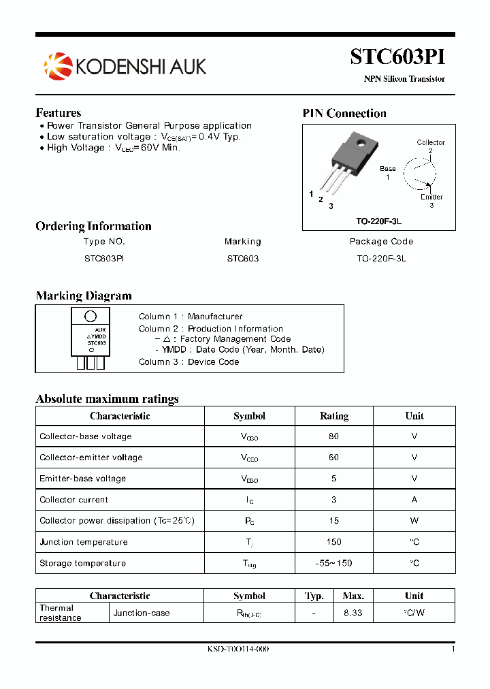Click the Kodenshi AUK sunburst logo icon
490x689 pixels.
(x=57, y=65)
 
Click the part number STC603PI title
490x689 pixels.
(x=397, y=57)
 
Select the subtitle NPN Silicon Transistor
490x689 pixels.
(x=404, y=79)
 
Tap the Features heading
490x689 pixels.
(x=58, y=113)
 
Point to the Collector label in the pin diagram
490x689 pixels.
(x=431, y=142)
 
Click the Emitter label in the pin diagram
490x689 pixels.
(x=431, y=197)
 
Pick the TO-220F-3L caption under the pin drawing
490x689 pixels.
(x=379, y=221)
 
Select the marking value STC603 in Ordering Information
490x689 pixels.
(x=243, y=259)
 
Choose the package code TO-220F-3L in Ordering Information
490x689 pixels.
(x=381, y=259)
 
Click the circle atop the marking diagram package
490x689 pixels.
(x=90, y=317)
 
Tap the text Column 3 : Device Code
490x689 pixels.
(x=189, y=362)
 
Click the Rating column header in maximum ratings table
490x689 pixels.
(x=333, y=416)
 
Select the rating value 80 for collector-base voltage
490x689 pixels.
(x=333, y=436)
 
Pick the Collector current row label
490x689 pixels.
(x=73, y=500)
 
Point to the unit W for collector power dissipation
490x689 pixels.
(x=414, y=521)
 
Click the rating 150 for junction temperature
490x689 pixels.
(x=333, y=542)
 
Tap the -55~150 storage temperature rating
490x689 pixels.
(x=333, y=563)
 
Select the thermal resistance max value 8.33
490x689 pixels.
(x=353, y=613)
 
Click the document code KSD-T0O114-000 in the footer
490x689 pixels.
(x=238, y=649)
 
